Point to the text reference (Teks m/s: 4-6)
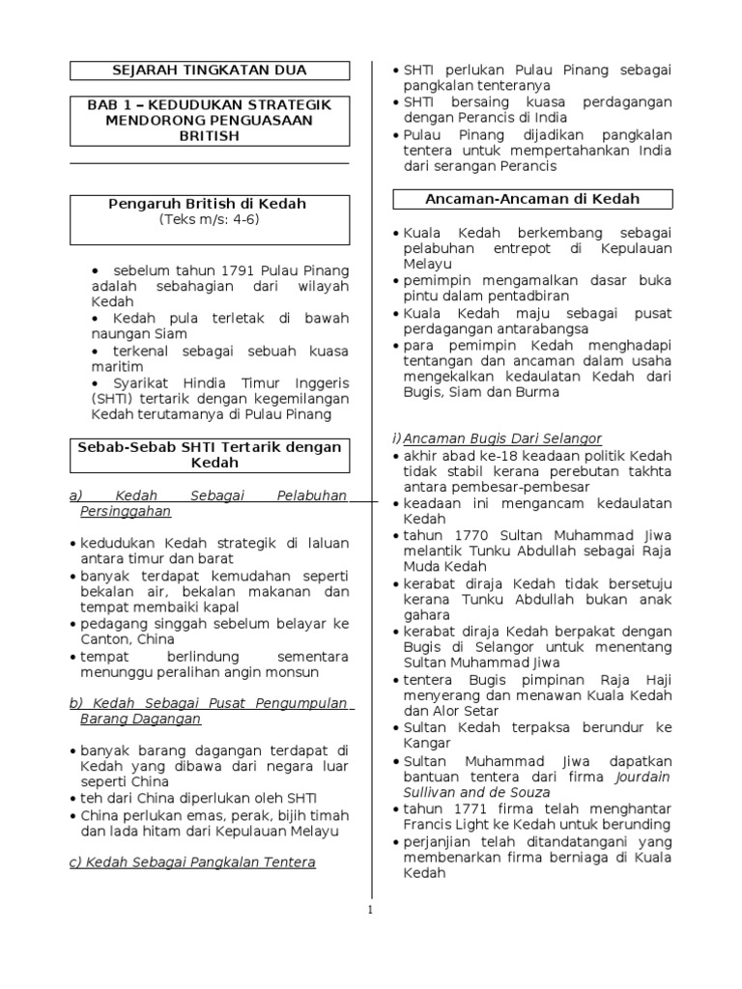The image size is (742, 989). tap(210, 219)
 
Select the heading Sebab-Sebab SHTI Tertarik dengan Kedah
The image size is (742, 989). tap(210, 454)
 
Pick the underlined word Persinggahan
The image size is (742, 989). tap(126, 511)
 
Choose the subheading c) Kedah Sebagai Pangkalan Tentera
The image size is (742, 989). tap(192, 862)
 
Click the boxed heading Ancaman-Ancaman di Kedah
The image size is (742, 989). tap(532, 199)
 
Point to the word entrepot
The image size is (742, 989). tap(526, 248)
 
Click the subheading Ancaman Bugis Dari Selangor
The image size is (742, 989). tap(502, 439)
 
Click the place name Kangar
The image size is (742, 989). tap(428, 743)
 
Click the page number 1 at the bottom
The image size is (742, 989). tap(371, 909)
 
